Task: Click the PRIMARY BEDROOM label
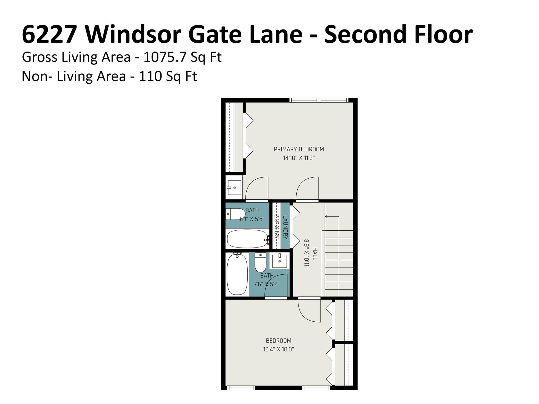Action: click(299, 149)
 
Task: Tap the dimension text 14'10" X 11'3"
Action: click(299, 158)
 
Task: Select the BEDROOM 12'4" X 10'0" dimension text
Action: click(278, 350)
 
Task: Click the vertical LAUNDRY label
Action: click(285, 227)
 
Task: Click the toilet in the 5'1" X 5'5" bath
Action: click(235, 214)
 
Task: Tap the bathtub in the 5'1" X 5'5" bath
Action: click(247, 239)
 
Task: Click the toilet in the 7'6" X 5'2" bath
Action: click(261, 262)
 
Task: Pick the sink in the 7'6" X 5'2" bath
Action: click(279, 261)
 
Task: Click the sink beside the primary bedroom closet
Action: click(234, 188)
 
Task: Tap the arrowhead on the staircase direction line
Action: click(327, 216)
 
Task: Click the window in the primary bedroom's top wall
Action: click(319, 100)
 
